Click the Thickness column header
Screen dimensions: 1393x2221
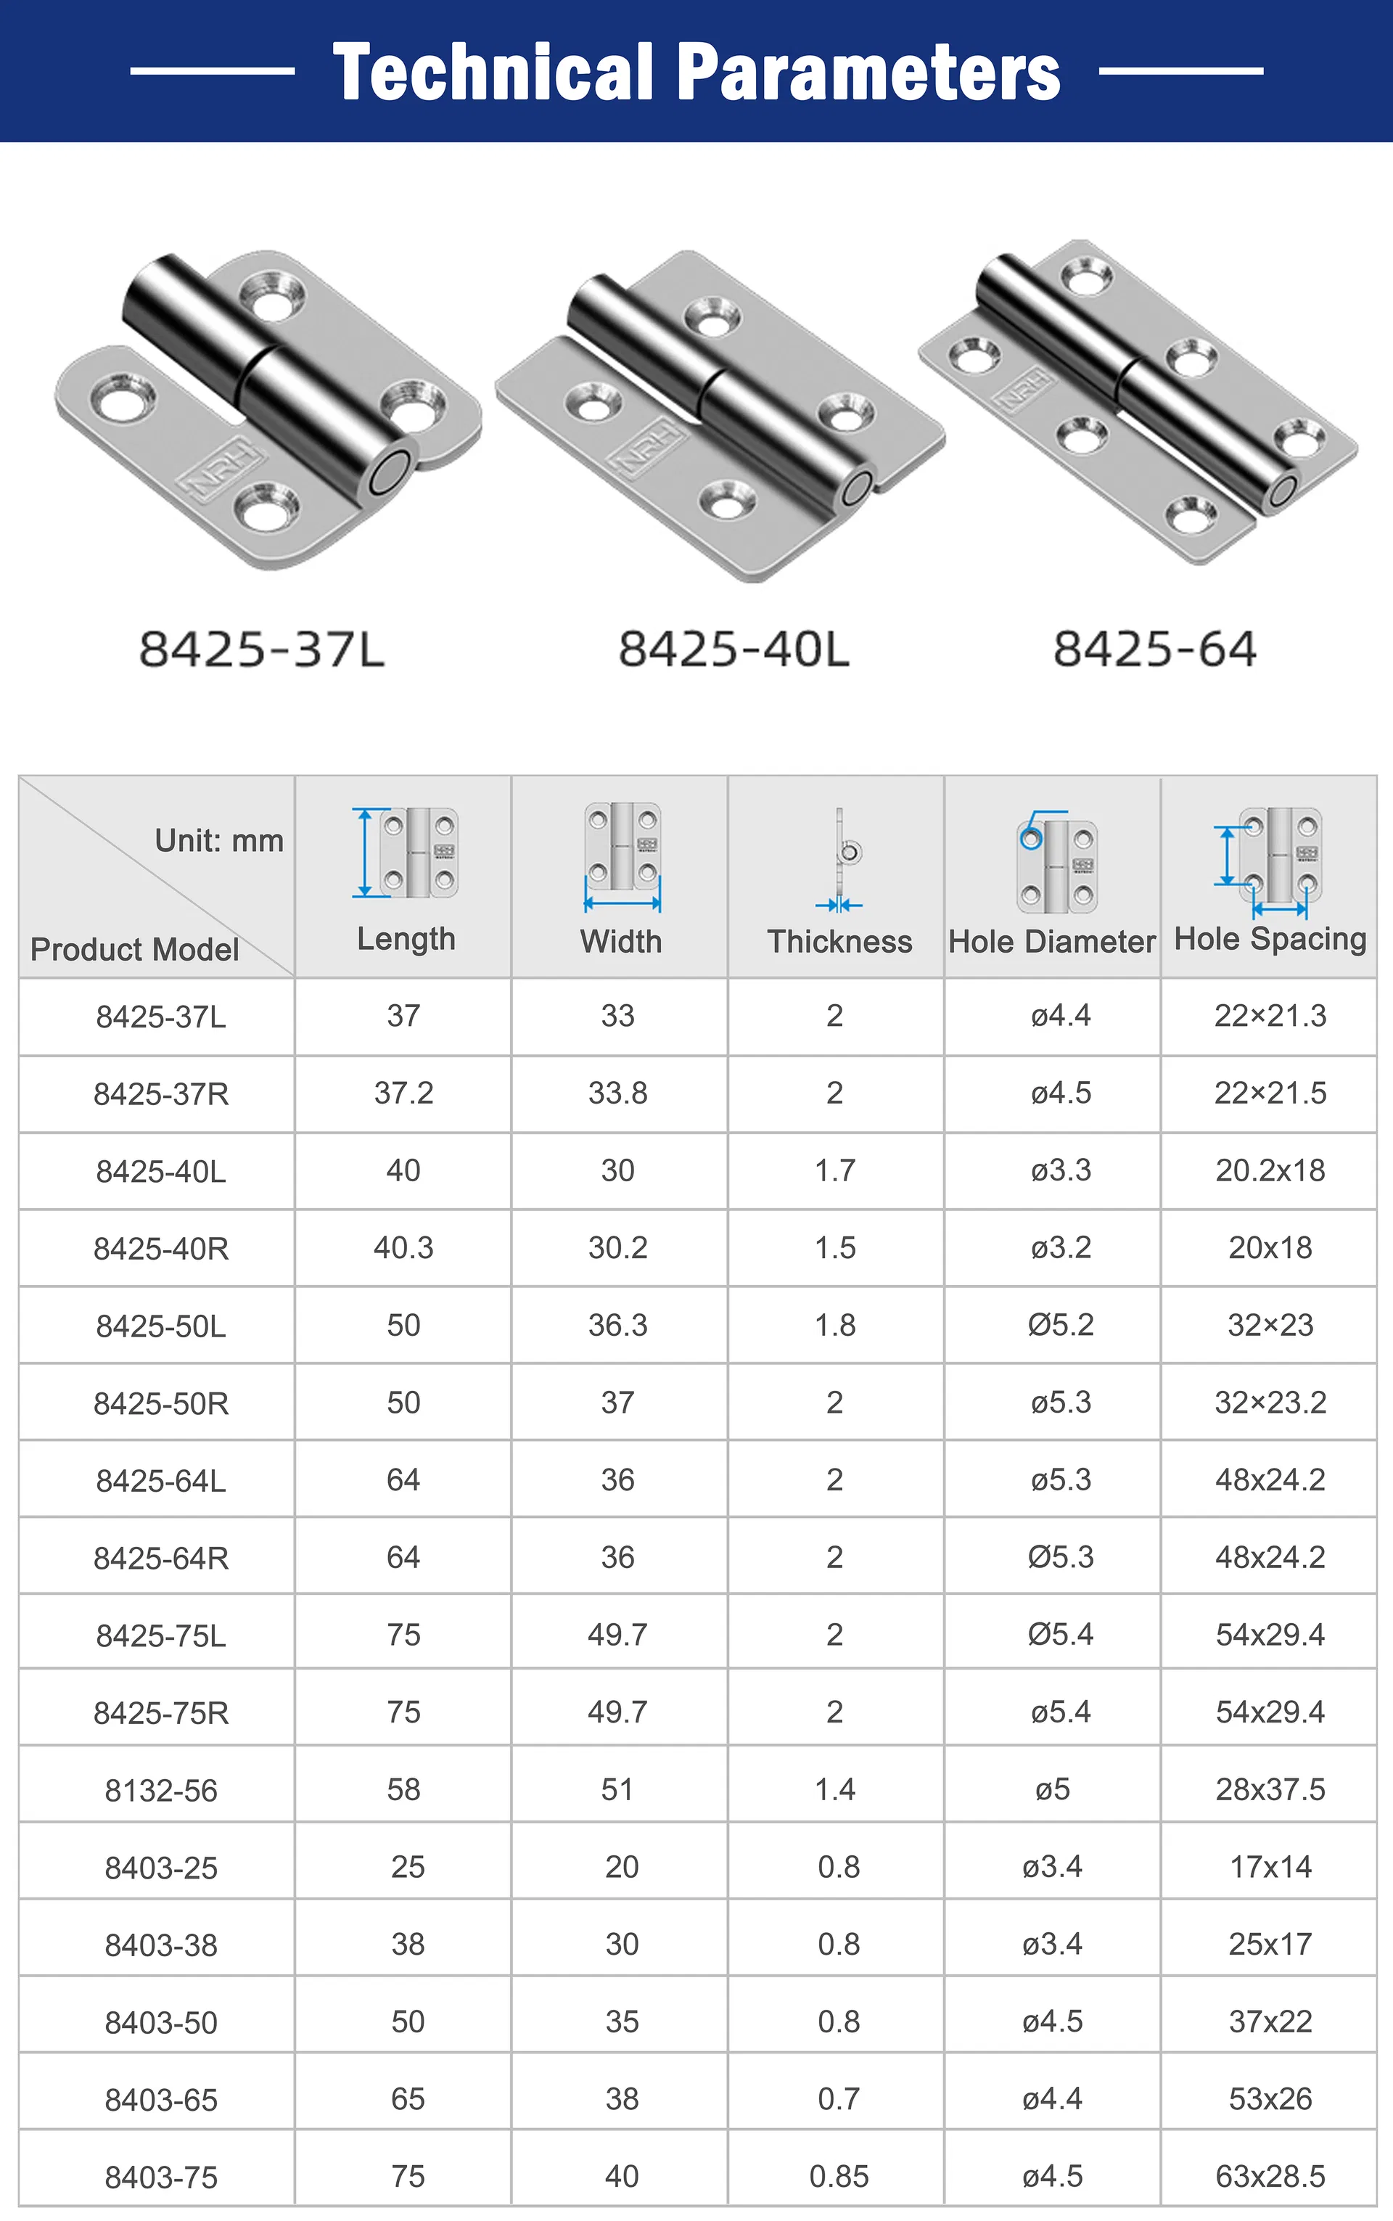(x=839, y=942)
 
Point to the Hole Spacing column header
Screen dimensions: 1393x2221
(x=1270, y=940)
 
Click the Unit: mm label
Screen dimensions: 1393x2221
(x=219, y=840)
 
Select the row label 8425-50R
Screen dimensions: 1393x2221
(x=161, y=1404)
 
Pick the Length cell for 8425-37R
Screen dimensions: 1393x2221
(x=403, y=1093)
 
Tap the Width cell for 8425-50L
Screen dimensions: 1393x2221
(x=618, y=1326)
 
